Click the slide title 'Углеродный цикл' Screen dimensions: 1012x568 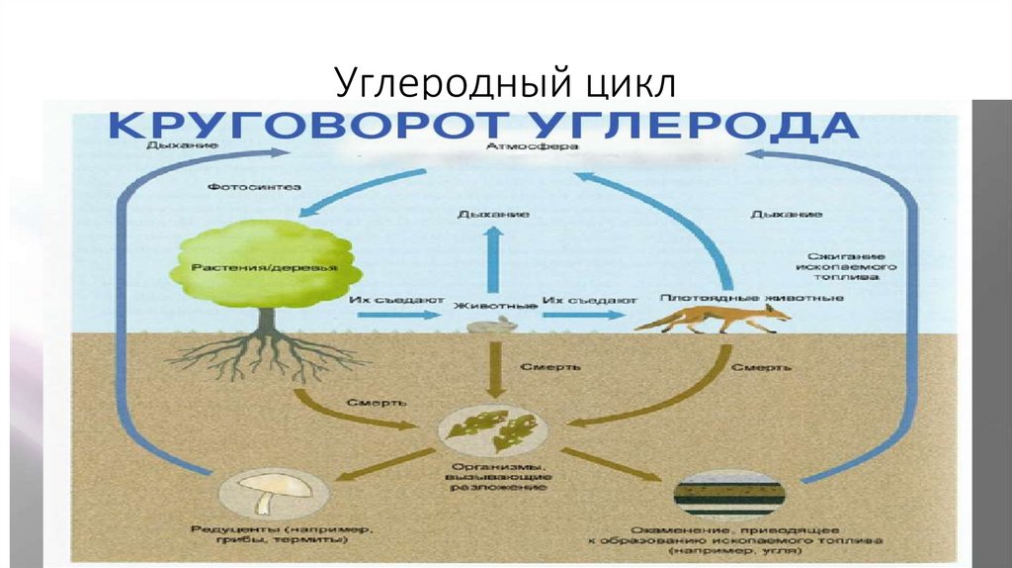tap(505, 82)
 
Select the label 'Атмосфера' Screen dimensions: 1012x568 tap(519, 147)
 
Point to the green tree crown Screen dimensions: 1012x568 tap(258, 259)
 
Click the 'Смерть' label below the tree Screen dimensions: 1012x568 tap(373, 402)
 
